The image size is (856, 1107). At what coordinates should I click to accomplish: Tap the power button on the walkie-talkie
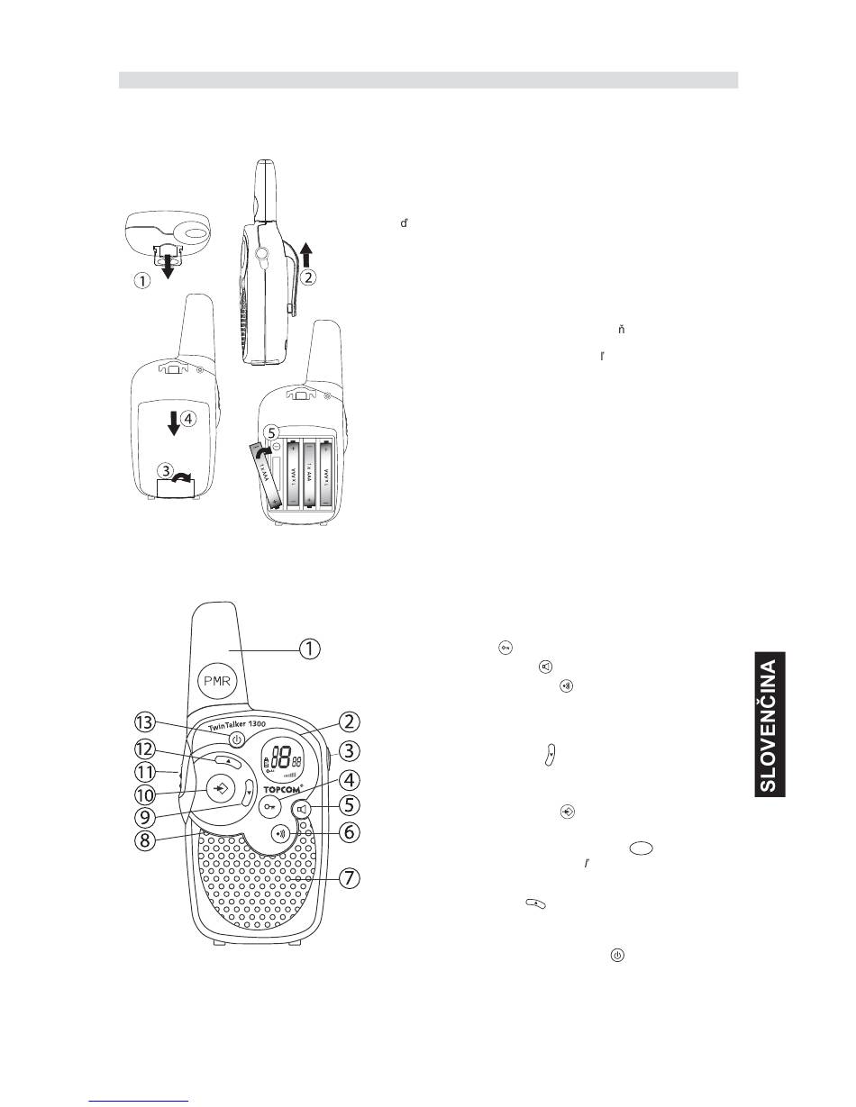tap(236, 740)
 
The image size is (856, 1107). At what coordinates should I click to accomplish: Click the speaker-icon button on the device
tap(302, 808)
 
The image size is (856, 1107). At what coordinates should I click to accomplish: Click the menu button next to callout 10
tap(220, 788)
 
